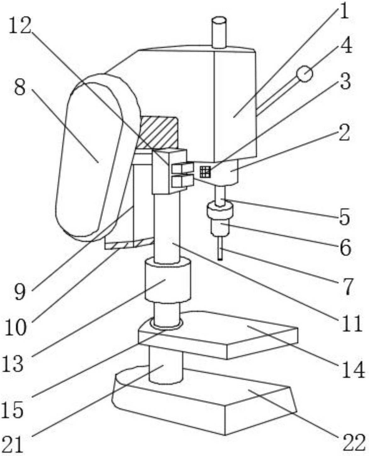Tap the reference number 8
point(20,88)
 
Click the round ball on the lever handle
point(305,74)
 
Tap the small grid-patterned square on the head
point(205,172)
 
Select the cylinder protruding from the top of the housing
point(219,32)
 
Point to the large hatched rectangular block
point(157,133)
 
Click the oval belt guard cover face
point(89,158)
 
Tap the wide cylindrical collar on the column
point(168,281)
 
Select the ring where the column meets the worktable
point(166,328)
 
